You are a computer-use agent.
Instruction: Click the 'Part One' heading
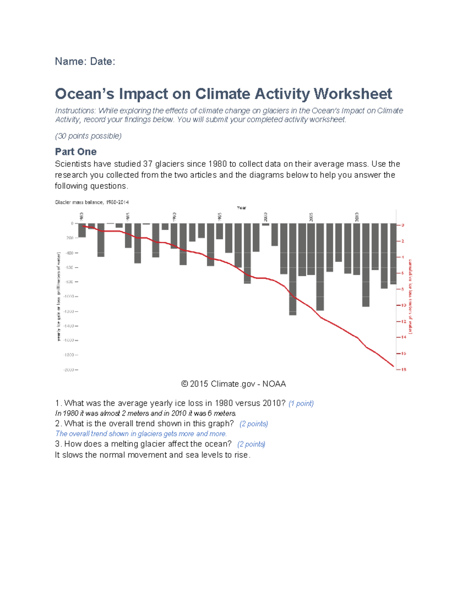pos(76,152)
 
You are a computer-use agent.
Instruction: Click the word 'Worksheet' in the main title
pos(353,94)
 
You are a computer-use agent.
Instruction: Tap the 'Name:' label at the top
pos(71,62)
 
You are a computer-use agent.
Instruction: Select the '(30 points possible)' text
pos(88,136)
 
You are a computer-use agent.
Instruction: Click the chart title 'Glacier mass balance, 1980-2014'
pos(92,202)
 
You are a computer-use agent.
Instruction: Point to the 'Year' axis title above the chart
pos(241,208)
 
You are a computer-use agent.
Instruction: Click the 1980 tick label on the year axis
pos(82,216)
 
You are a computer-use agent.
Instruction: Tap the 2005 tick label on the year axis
pos(311,217)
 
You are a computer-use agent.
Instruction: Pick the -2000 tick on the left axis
pos(69,370)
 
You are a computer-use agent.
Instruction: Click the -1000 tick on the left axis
pos(69,296)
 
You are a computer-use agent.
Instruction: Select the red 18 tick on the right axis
pos(403,369)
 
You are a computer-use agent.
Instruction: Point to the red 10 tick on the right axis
pos(403,305)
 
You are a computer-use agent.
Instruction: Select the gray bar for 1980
pos(82,230)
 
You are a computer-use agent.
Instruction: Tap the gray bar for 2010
pos(356,249)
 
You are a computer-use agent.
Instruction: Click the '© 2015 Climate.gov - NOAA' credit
pos(234,384)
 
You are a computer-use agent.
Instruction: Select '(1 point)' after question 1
pos(301,404)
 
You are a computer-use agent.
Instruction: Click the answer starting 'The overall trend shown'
pos(141,434)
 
